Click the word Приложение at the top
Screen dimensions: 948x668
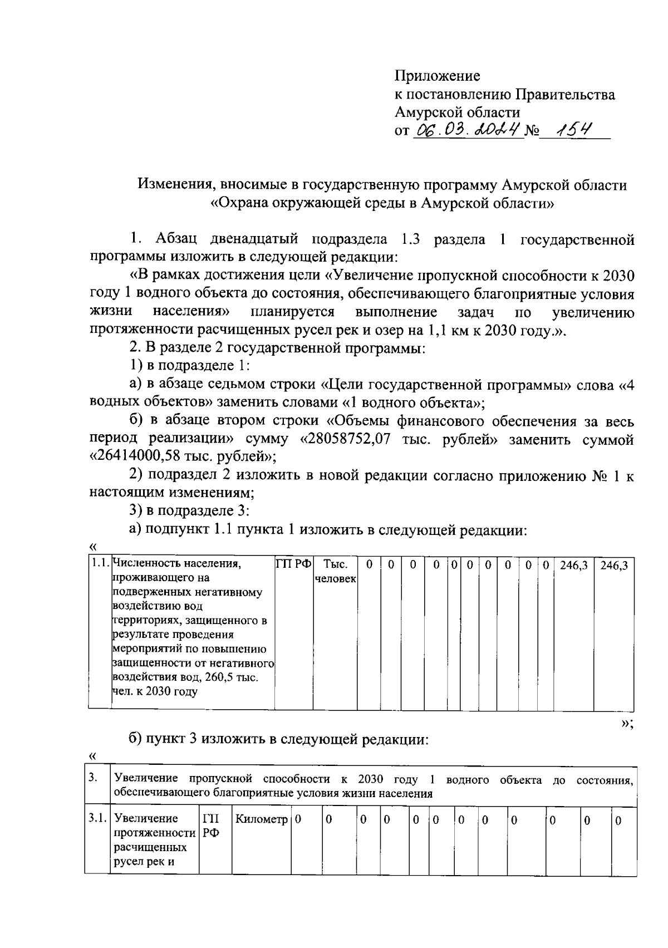pos(437,76)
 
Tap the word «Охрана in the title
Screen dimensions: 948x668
pos(239,203)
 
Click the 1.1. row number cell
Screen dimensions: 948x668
pos(100,564)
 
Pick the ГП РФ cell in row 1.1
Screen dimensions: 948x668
pos(294,564)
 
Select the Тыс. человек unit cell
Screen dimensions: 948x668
pos(335,572)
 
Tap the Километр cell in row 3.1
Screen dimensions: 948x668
pos(262,820)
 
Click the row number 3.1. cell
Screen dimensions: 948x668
pos(97,819)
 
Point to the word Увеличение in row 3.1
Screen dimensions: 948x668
pos(146,819)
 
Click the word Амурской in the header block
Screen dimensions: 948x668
pos(425,112)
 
